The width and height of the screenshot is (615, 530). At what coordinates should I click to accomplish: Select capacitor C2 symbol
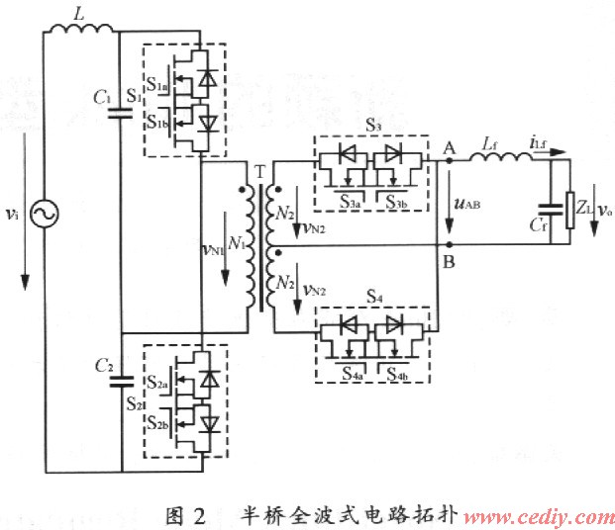tap(118, 381)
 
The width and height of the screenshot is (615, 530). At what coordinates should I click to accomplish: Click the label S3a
tap(348, 202)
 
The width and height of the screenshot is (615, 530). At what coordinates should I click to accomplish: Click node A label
tap(449, 144)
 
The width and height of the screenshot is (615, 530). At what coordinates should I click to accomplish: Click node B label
tap(450, 262)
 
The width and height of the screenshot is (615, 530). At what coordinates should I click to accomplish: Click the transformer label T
tap(259, 170)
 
